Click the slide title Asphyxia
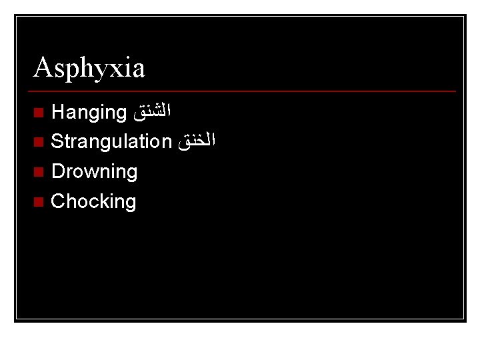(x=89, y=68)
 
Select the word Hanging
(x=89, y=113)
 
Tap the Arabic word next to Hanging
(x=153, y=112)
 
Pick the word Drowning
(x=94, y=171)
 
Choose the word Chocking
(x=93, y=201)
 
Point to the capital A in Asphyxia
(x=42, y=67)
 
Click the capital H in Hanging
(x=57, y=111)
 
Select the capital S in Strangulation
(x=57, y=141)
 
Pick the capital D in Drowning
(x=57, y=171)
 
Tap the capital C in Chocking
(x=58, y=201)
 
